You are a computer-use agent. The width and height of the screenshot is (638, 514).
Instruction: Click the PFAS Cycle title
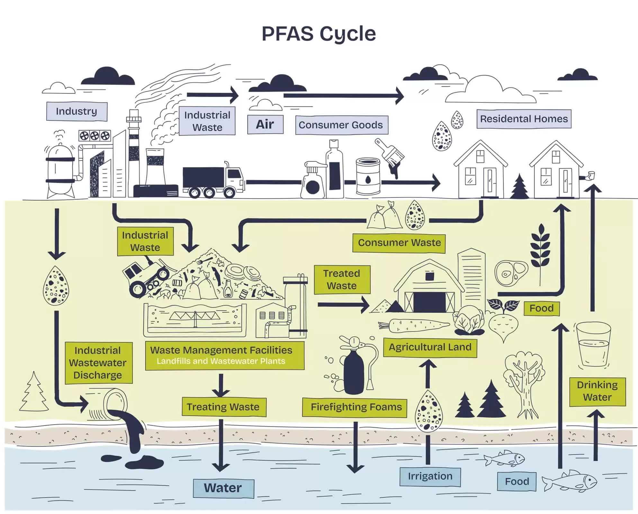point(319,34)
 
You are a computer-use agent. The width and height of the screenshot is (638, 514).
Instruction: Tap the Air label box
point(265,124)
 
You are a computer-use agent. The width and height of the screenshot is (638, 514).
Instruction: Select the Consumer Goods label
point(341,125)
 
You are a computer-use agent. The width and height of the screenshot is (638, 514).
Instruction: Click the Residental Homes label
point(524,119)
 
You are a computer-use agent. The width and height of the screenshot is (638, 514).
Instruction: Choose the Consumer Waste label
point(399,243)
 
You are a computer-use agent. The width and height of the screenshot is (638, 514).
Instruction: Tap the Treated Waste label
point(342,279)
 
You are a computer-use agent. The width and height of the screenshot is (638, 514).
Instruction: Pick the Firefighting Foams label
point(356,407)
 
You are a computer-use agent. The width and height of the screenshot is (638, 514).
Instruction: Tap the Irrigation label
point(430,476)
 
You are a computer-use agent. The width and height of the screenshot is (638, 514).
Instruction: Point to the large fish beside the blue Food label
point(570,481)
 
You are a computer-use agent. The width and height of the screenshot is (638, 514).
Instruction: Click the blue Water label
point(223,488)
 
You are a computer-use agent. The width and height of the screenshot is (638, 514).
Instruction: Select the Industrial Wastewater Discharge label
point(98,363)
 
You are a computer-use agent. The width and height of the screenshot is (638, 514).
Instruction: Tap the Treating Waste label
point(223,407)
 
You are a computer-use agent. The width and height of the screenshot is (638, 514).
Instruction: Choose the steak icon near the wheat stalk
point(511,273)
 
